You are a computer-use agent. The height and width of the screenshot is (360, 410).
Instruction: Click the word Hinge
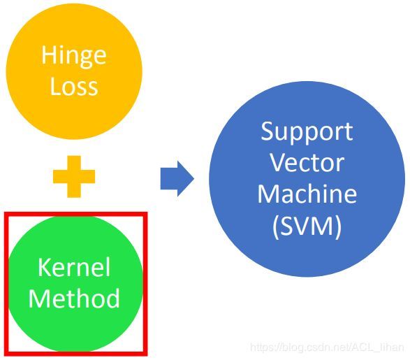tap(74, 57)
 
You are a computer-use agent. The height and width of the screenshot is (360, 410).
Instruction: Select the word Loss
tap(74, 86)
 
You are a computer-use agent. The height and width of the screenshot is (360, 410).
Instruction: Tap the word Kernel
tap(74, 267)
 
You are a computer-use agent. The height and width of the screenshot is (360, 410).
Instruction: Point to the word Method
tap(74, 298)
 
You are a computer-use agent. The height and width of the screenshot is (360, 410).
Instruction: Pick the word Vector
tap(307, 163)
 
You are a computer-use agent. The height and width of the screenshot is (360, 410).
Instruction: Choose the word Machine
tap(307, 194)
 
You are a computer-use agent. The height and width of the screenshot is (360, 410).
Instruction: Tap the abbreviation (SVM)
tap(307, 226)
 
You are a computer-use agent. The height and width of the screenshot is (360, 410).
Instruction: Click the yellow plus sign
tap(74, 177)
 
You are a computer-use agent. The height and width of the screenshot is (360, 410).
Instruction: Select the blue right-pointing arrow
tap(177, 179)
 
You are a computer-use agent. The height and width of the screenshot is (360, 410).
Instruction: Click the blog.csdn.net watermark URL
tap(327, 347)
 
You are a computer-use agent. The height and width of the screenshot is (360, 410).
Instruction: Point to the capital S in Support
tap(267, 131)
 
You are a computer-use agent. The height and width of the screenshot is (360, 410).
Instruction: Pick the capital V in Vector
tap(278, 162)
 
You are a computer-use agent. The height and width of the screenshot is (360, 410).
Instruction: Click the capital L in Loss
tap(55, 86)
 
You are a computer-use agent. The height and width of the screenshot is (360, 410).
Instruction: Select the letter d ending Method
tap(113, 298)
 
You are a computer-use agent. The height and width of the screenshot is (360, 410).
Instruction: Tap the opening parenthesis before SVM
tap(275, 226)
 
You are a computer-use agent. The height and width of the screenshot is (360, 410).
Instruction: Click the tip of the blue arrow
tap(194, 179)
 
